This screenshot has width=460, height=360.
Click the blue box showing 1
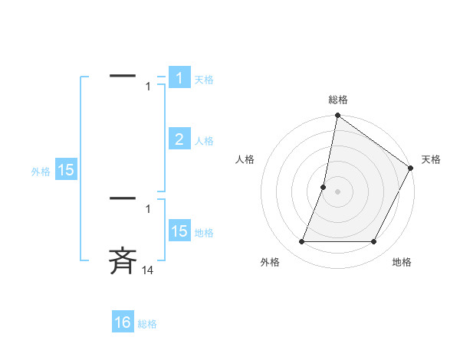(x=179, y=78)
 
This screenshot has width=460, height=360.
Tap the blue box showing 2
(x=179, y=139)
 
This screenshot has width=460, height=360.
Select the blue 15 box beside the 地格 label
(x=179, y=231)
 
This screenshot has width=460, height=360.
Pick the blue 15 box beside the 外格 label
(x=66, y=170)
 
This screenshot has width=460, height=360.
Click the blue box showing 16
(x=123, y=322)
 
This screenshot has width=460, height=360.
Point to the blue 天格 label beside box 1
(x=203, y=80)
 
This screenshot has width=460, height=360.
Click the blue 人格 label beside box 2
(x=203, y=141)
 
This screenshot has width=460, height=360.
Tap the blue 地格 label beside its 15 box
(x=203, y=233)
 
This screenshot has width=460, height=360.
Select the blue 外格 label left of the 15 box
(x=41, y=172)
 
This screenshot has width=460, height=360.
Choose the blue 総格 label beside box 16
(x=147, y=324)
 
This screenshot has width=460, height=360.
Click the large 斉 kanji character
(x=123, y=260)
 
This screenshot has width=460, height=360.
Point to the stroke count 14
(x=148, y=270)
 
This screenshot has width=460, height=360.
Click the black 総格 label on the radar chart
(x=337, y=100)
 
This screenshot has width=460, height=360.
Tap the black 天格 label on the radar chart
(x=431, y=159)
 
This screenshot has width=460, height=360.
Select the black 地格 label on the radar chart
(x=402, y=262)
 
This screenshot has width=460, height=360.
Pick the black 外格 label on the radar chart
(x=270, y=262)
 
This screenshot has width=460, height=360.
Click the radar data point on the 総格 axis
(x=337, y=116)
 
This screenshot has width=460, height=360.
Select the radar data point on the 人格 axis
(x=324, y=187)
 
